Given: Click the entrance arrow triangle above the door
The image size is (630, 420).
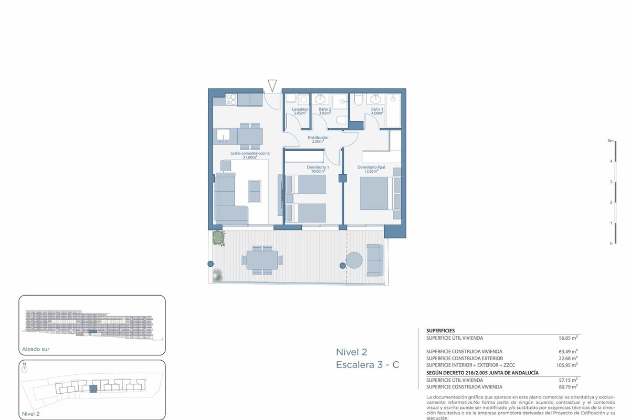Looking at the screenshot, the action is [x=272, y=86].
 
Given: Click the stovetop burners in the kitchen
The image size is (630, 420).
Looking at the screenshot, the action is [x=232, y=100].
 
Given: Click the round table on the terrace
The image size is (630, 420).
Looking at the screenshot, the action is [x=354, y=260].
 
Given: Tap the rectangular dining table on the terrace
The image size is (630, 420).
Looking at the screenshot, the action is [x=262, y=260].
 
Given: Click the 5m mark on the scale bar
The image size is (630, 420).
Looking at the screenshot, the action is [x=610, y=141].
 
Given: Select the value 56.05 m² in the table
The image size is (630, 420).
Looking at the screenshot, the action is [x=568, y=338].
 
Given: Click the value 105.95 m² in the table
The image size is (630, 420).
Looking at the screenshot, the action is [x=567, y=365].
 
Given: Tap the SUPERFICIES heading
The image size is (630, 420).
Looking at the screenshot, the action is [x=440, y=331].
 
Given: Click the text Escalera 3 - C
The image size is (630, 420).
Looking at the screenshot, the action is [x=367, y=365].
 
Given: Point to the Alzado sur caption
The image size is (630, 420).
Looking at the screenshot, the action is [x=36, y=349].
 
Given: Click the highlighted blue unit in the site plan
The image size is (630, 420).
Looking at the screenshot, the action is [x=93, y=389].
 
